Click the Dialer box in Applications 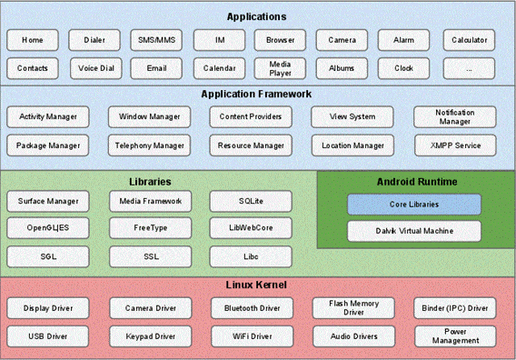pyautogui.click(x=94, y=40)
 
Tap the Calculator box pyautogui.click(x=469, y=40)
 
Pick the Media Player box pyautogui.click(x=279, y=68)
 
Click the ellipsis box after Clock pyautogui.click(x=469, y=68)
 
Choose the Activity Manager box pyautogui.click(x=48, y=117)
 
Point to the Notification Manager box pyautogui.click(x=454, y=117)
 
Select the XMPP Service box pyautogui.click(x=454, y=145)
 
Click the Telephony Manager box pyautogui.click(x=150, y=145)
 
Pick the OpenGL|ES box pyautogui.click(x=48, y=228)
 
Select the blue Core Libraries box pyautogui.click(x=414, y=204)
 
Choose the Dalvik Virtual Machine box pyautogui.click(x=414, y=231)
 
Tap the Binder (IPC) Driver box pyautogui.click(x=454, y=309)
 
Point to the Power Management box pyautogui.click(x=454, y=336)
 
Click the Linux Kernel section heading pyautogui.click(x=257, y=285)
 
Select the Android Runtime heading pyautogui.click(x=416, y=182)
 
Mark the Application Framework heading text pyautogui.click(x=257, y=94)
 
